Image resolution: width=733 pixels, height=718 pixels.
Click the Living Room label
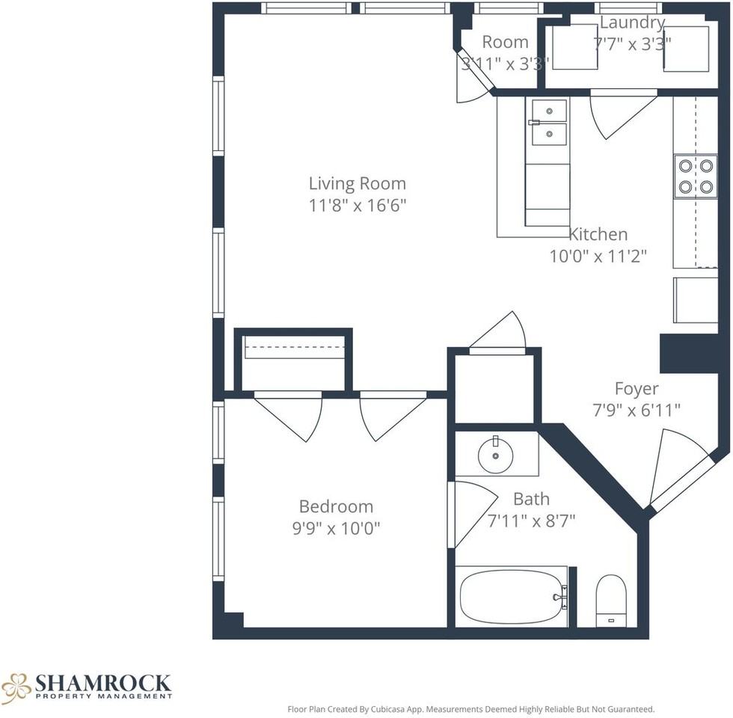[357, 184]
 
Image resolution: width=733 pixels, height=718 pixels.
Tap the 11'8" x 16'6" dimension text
[357, 205]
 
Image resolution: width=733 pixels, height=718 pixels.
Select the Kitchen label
[598, 234]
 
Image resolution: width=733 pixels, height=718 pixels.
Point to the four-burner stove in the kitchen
[695, 177]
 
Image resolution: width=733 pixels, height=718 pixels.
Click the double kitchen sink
[548, 123]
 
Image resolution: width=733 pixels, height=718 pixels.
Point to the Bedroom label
[336, 506]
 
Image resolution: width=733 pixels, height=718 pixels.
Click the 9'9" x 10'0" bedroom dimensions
[336, 528]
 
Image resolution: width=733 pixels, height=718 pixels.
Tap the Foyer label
[637, 389]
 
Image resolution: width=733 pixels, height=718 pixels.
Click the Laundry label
[631, 23]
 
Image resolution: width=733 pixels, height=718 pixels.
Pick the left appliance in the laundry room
[574, 47]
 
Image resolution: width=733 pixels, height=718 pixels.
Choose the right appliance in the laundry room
[686, 49]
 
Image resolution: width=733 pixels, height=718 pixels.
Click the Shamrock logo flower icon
[16, 687]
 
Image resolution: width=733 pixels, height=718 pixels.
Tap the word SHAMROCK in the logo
[103, 683]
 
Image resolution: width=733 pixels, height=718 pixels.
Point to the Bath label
[531, 499]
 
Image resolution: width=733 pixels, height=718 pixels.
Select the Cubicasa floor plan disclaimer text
[471, 709]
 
